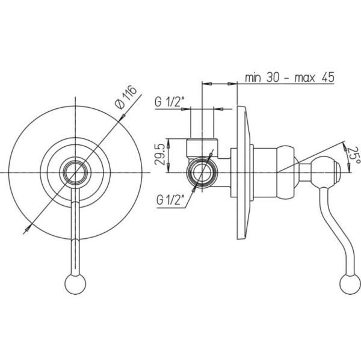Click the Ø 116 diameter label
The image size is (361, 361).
point(126,97)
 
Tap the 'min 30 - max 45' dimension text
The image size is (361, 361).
point(289,78)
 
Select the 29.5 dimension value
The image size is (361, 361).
point(160,154)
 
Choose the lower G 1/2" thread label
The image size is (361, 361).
point(171,200)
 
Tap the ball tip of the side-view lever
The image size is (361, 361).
point(350,283)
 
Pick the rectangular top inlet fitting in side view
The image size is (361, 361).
point(202,148)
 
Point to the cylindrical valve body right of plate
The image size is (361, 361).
point(265,173)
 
